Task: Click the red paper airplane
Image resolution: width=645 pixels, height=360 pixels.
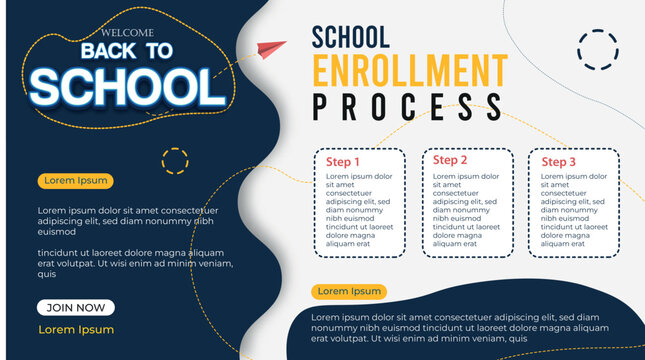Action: click(x=271, y=48)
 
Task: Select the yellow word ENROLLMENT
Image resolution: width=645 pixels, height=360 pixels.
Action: click(x=410, y=71)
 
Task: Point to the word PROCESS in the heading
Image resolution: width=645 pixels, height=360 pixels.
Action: click(x=407, y=106)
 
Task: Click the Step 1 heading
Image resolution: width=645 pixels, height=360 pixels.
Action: click(x=343, y=162)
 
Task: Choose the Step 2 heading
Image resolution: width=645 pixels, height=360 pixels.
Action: click(x=450, y=161)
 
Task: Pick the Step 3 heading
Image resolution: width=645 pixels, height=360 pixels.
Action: click(x=559, y=162)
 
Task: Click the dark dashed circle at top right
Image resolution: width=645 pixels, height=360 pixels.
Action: click(x=598, y=50)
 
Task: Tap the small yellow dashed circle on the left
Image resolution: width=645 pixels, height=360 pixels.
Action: click(x=175, y=160)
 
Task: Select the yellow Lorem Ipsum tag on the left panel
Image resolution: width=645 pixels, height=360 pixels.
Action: click(x=74, y=181)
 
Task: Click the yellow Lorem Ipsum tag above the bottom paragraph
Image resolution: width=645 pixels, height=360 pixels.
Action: click(x=349, y=291)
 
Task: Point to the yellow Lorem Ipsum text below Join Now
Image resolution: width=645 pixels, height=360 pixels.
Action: click(x=76, y=329)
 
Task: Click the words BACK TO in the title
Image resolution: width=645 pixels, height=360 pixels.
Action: click(x=127, y=51)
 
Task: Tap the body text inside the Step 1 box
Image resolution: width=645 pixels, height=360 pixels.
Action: click(x=357, y=209)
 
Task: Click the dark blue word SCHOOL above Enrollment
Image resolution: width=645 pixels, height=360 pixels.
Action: click(x=350, y=37)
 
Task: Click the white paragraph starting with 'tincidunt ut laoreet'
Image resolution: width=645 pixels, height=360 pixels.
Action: click(x=130, y=264)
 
